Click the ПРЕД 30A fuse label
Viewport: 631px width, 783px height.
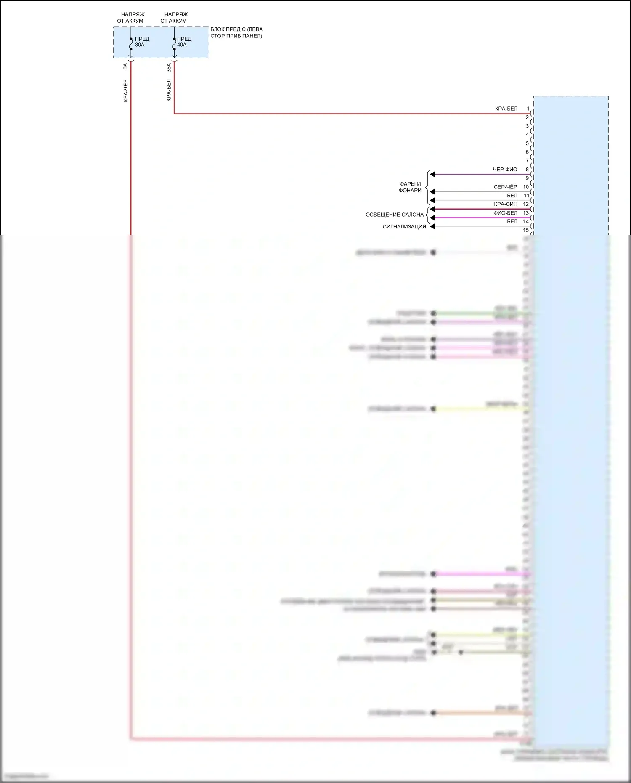pos(142,42)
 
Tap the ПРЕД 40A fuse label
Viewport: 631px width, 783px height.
pos(184,42)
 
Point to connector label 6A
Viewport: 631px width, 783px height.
pos(125,66)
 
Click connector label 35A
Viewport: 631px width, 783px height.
pos(169,67)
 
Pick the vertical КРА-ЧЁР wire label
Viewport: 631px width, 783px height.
pos(125,91)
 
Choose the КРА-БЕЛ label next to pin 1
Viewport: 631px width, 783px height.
pos(506,109)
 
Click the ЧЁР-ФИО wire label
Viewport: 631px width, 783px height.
pos(505,170)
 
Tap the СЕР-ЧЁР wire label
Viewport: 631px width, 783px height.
pos(505,187)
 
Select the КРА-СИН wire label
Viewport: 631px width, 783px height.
pos(506,204)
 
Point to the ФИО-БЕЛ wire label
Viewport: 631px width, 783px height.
pos(505,213)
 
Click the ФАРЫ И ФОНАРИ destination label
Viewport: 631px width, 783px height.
pos(410,187)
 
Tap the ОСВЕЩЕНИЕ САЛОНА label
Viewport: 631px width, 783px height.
pos(394,215)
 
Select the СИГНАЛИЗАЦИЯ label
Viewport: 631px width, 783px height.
pos(404,227)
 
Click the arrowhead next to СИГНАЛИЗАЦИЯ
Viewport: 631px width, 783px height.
pos(432,227)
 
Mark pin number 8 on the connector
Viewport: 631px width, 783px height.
pos(527,170)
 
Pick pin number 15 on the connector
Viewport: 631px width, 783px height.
pos(526,230)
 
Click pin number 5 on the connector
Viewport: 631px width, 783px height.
pos(527,143)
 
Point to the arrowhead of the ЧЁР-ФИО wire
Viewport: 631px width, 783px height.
pos(432,174)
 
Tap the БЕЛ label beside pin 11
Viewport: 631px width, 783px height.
pos(512,196)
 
